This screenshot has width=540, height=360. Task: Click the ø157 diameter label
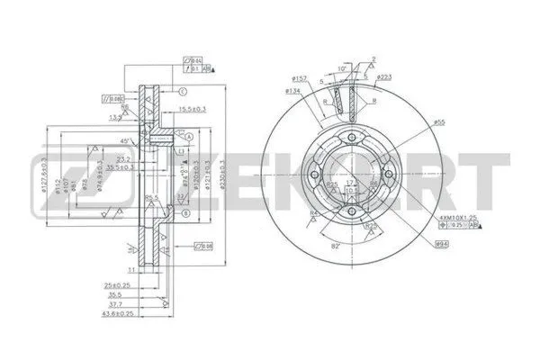tap(300, 79)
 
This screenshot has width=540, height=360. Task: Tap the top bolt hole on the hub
tap(352, 137)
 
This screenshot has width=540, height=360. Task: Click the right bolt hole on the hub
tap(391, 176)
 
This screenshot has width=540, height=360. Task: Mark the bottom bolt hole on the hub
tap(352, 214)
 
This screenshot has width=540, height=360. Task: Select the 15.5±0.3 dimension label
tap(185, 109)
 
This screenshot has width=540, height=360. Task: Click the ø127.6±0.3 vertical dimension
tap(45, 175)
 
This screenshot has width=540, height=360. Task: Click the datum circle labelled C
tap(182, 93)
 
